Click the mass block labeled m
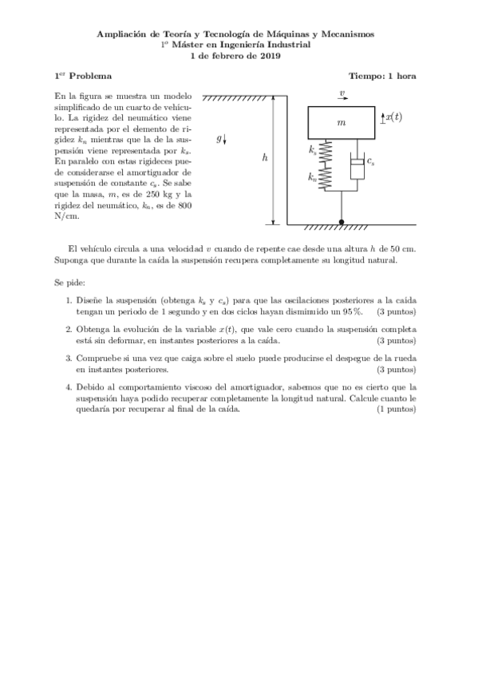click(342, 123)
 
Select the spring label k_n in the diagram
click(313, 179)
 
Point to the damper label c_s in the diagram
click(371, 161)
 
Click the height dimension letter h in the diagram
click(265, 158)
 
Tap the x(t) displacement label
click(393, 117)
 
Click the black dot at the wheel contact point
click(342, 221)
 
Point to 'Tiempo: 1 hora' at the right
click(382, 77)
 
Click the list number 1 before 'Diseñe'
click(69, 301)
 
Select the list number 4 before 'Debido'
click(69, 387)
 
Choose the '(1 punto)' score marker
click(396, 409)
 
